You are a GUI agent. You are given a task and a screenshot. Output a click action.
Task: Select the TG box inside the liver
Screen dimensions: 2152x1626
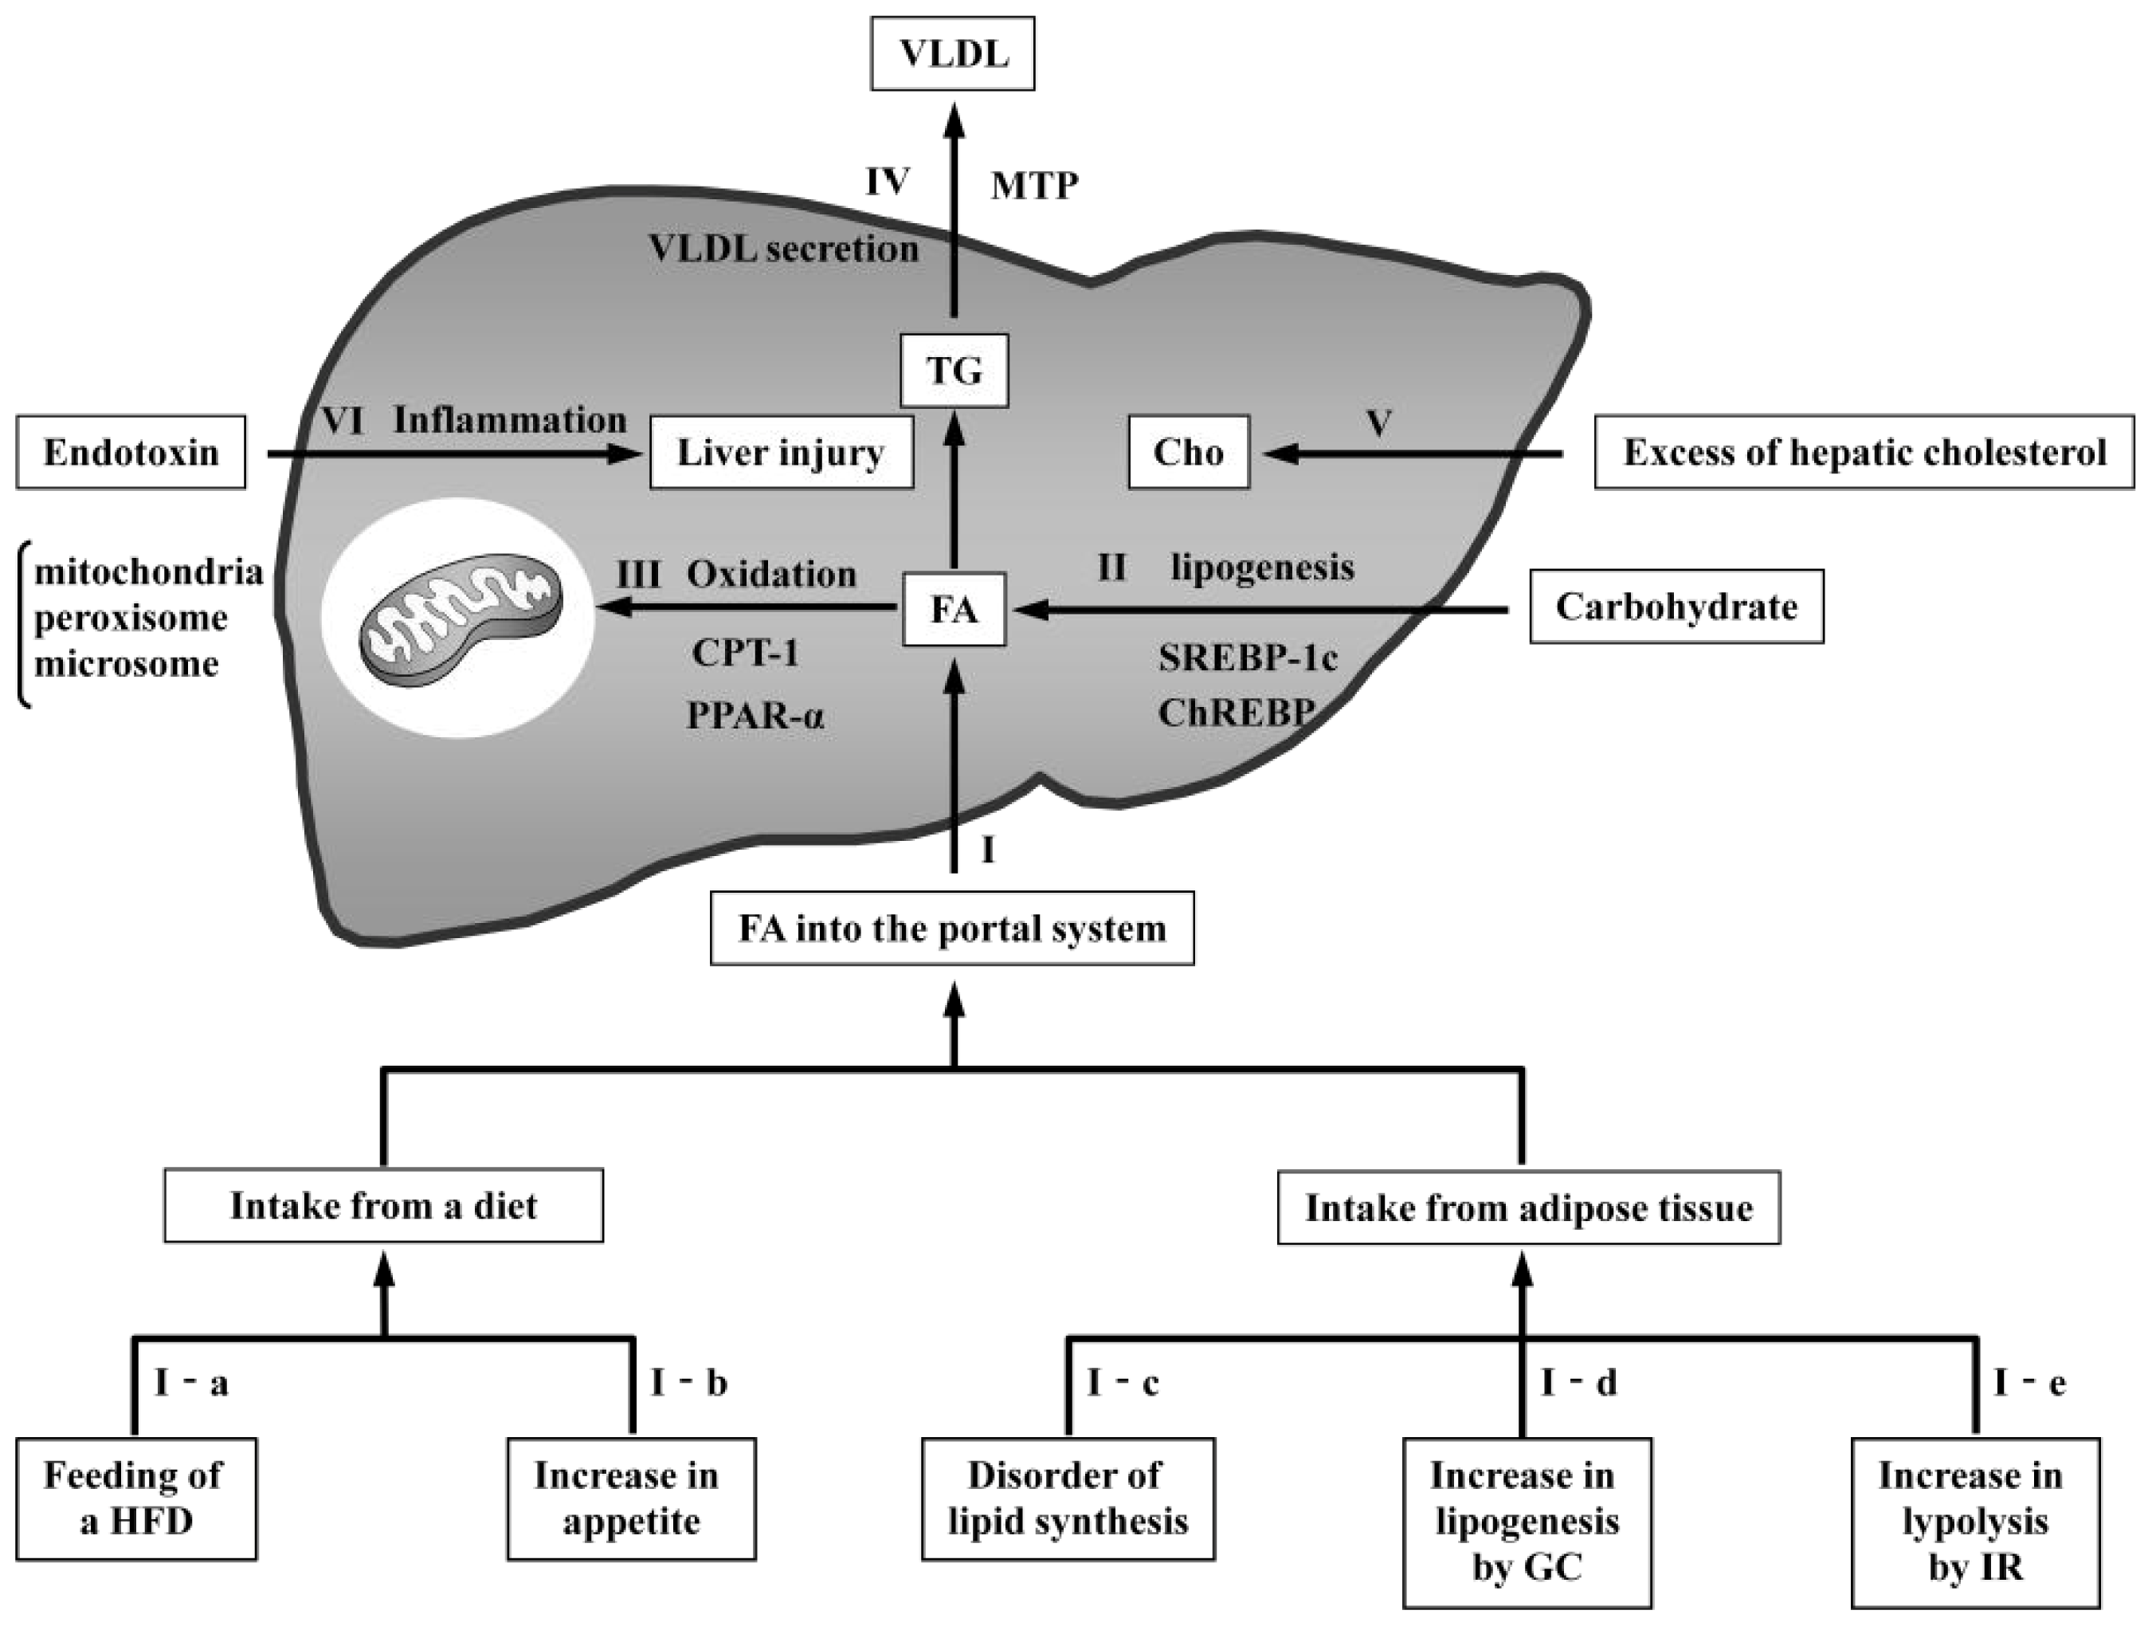[954, 371]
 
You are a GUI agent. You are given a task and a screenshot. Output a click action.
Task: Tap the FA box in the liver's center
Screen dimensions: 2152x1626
[954, 610]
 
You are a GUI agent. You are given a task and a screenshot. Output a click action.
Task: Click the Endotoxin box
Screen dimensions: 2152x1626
[131, 453]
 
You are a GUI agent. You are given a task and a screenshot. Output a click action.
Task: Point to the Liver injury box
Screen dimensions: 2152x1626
[782, 453]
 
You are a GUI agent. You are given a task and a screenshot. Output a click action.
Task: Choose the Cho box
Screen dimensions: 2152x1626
[1189, 453]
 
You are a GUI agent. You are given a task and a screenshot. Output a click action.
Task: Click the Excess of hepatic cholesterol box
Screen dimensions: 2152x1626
[1864, 453]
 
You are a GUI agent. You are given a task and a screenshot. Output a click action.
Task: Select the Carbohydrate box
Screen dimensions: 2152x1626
[1676, 607]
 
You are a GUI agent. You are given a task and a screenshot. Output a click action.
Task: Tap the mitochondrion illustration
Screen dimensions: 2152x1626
[461, 618]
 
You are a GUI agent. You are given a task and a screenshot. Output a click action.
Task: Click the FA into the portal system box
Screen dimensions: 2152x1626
[952, 929]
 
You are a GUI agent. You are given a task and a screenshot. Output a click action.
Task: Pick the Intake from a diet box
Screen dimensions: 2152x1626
[383, 1207]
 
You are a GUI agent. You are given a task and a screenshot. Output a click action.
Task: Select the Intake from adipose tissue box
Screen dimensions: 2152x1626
[1528, 1208]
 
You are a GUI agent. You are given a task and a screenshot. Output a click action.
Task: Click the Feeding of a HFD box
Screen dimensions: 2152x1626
[136, 1498]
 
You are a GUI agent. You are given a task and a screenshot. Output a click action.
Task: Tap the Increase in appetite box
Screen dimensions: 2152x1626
[631, 1498]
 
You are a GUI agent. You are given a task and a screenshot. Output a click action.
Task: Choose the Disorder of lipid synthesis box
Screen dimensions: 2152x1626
[1068, 1498]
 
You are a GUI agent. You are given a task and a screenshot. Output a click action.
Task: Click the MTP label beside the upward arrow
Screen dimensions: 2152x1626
[1034, 185]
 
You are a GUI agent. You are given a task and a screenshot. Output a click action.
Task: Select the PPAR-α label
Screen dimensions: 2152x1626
[756, 717]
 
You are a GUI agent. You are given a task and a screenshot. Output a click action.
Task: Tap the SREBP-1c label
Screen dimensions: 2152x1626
[1247, 658]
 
